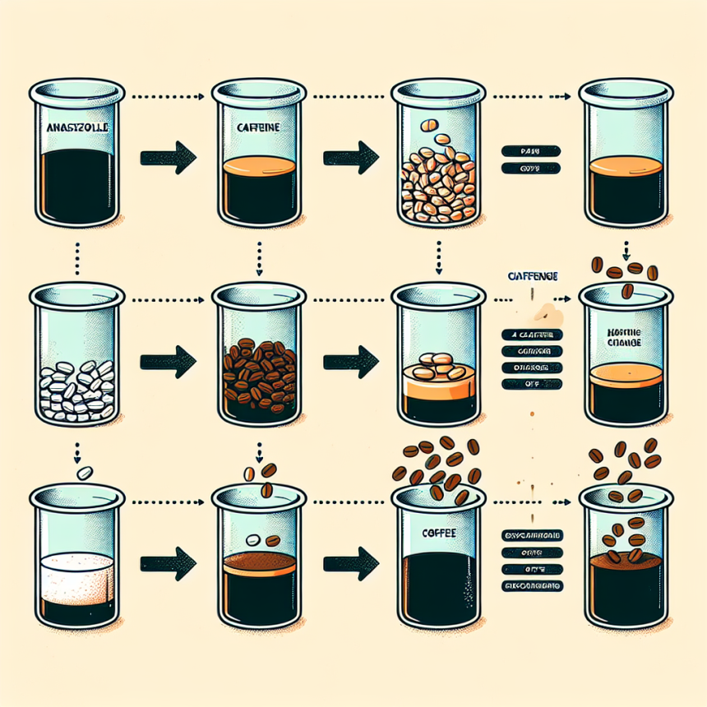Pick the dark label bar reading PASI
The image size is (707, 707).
point(529,150)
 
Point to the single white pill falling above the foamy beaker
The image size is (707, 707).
point(83,474)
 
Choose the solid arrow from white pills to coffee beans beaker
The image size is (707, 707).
point(167,359)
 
